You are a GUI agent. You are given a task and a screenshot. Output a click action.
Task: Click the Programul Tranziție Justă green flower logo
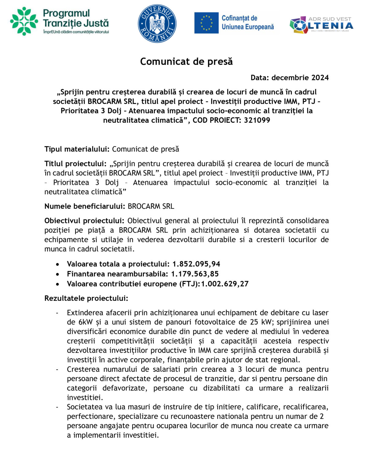tap(24, 21)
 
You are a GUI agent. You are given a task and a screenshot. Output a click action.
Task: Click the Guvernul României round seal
tap(157, 24)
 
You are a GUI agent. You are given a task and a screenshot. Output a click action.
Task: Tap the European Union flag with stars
tap(206, 23)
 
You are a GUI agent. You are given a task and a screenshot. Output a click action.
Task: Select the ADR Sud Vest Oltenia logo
tap(321, 24)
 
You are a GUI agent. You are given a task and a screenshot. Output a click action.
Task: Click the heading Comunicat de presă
tap(186, 62)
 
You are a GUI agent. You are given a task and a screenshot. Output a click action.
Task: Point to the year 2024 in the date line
tap(320, 78)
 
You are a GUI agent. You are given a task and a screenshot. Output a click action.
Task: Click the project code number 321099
tap(257, 120)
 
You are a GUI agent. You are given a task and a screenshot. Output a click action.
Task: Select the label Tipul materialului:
tap(77, 149)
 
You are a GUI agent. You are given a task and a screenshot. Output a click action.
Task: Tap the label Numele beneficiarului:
tap(85, 206)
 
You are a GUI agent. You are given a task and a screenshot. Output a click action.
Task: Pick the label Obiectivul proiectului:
tap(84, 221)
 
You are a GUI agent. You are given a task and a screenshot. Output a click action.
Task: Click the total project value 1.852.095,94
tap(196, 264)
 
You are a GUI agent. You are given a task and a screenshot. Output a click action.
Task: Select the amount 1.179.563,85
tap(195, 274)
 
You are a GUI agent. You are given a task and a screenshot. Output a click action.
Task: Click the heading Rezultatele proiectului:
tap(86, 298)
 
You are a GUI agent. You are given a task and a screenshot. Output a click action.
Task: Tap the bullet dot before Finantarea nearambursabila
tap(58, 274)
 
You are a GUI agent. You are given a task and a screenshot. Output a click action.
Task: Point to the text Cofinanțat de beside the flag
tap(239, 18)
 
